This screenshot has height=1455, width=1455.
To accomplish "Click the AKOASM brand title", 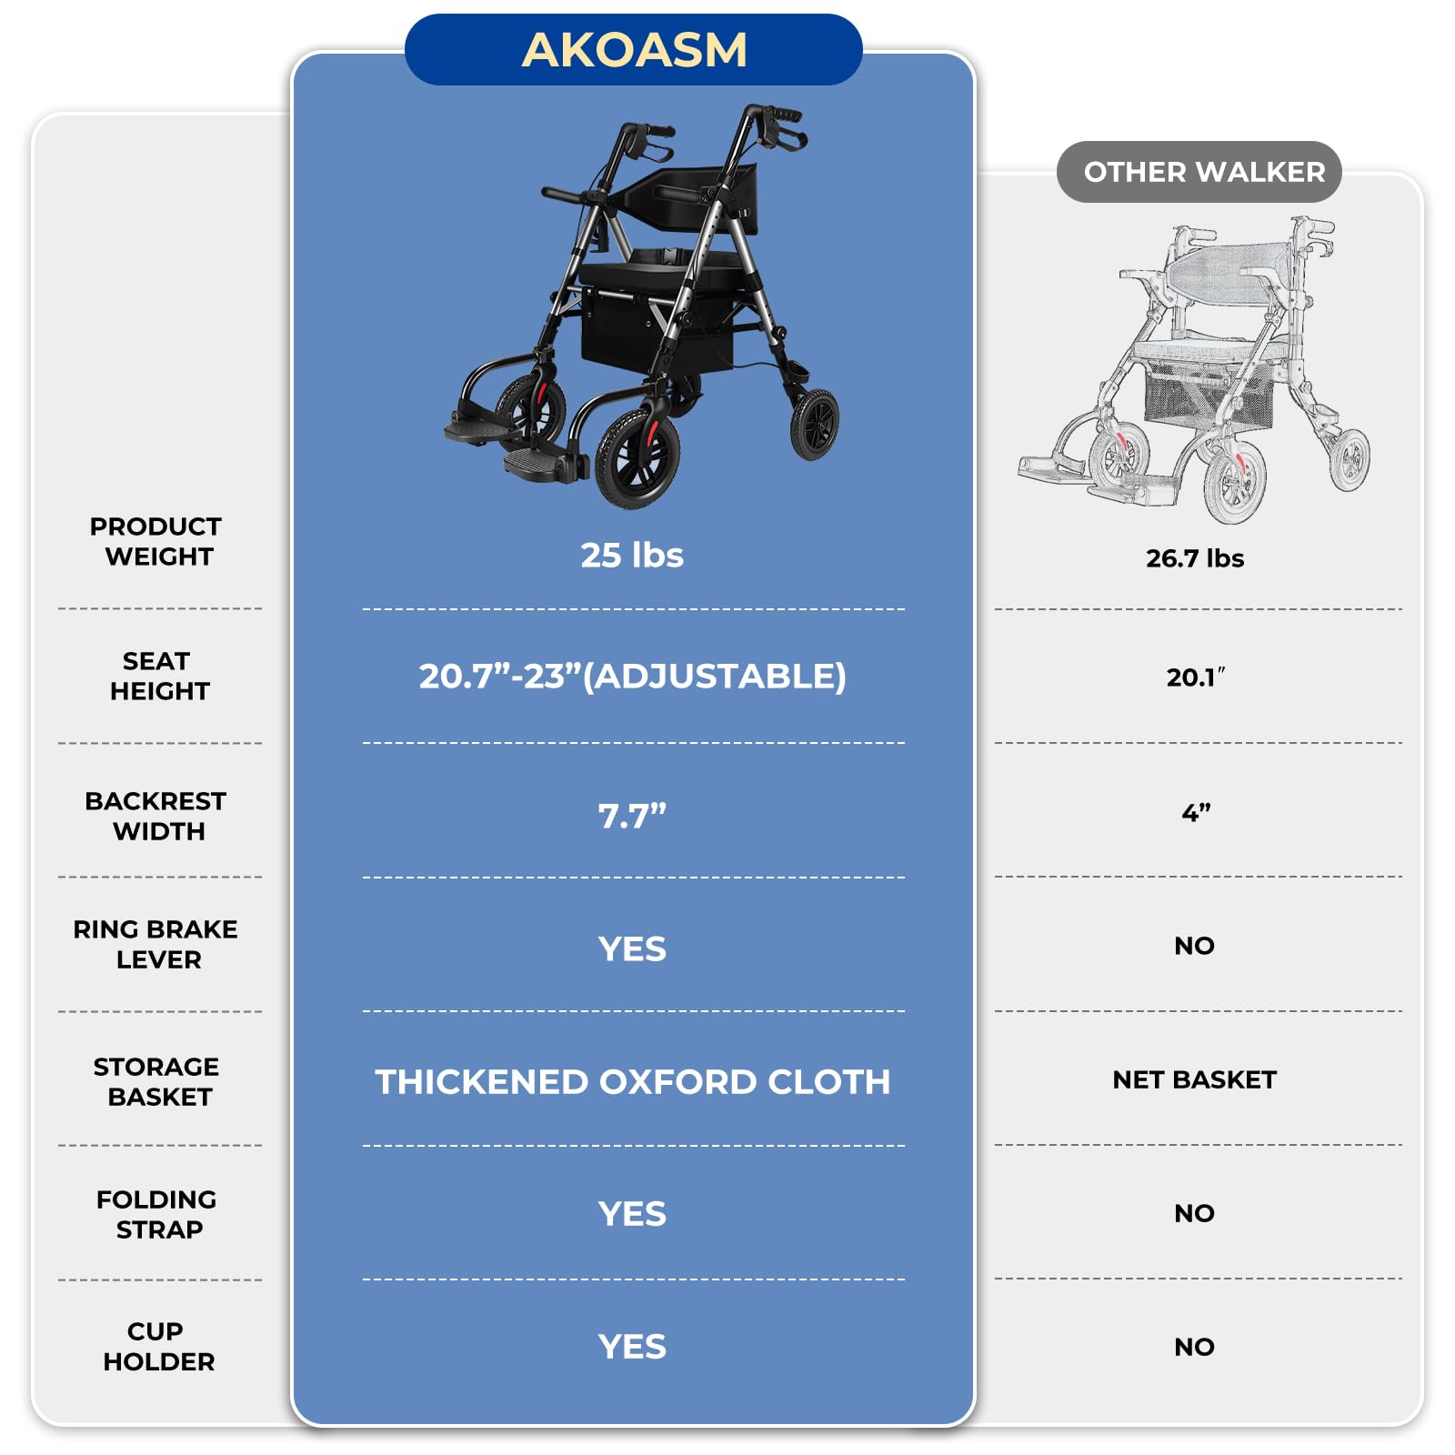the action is pos(634,49).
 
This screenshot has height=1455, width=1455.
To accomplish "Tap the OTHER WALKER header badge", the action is pos(1199,172).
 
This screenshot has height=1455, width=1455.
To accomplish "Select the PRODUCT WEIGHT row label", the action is pos(156,541).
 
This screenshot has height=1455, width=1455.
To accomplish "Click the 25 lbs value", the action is pos(632,555).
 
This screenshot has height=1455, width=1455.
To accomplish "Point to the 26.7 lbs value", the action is pos(1195,557).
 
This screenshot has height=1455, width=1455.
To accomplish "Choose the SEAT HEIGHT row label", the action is pos(158,676).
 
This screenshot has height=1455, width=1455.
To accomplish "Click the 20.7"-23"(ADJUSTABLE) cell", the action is pos(632,676).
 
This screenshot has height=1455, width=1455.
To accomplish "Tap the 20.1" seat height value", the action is pos(1195,677).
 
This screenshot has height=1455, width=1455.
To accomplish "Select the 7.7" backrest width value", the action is pos(632,816).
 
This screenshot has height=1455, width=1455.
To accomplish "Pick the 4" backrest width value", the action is pos(1195,812).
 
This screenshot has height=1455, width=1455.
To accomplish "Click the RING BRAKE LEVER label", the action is pos(156,944).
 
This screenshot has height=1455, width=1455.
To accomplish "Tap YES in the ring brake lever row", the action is pos(632,948).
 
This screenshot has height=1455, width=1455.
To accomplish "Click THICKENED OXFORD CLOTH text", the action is pos(632,1081).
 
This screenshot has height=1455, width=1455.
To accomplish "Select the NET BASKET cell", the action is pos(1195,1079).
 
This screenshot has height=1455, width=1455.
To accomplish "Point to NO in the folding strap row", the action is pos(1195,1213).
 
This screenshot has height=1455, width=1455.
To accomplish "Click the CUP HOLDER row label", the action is pos(158,1346).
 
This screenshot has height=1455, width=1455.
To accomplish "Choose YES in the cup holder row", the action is pos(632,1347).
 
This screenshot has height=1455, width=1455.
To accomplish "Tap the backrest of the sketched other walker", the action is pos(1228,266).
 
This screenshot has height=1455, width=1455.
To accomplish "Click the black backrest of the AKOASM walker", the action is pos(691,193).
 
